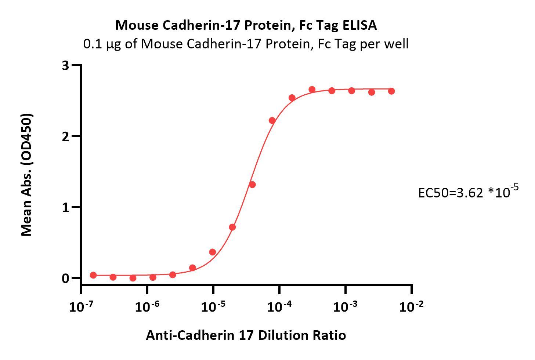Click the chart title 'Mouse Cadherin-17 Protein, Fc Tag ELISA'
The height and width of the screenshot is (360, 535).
click(246, 25)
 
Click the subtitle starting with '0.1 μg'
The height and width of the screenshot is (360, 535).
click(246, 44)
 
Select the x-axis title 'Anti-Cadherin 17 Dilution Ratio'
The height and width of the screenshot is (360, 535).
click(246, 335)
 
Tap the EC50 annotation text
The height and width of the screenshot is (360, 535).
click(468, 192)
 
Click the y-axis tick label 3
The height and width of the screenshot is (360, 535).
click(66, 66)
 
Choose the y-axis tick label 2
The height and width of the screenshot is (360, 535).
click(66, 137)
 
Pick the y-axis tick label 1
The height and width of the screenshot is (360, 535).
click(66, 207)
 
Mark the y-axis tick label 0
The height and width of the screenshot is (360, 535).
click(66, 278)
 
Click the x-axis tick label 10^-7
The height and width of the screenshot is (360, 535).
click(81, 306)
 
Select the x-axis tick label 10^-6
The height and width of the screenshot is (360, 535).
click(147, 306)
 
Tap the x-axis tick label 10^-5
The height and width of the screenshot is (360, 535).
click(213, 306)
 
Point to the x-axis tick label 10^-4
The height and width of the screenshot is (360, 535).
click(279, 306)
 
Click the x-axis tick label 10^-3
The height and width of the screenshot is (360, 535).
click(345, 306)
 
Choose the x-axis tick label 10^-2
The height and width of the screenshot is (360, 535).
click(411, 306)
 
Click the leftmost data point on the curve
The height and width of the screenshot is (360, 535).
click(93, 275)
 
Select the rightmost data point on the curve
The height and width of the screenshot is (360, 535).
click(391, 91)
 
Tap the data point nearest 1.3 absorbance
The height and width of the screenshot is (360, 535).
click(252, 185)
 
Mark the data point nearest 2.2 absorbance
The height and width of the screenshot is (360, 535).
click(272, 121)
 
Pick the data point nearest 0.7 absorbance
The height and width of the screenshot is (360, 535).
click(232, 227)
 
